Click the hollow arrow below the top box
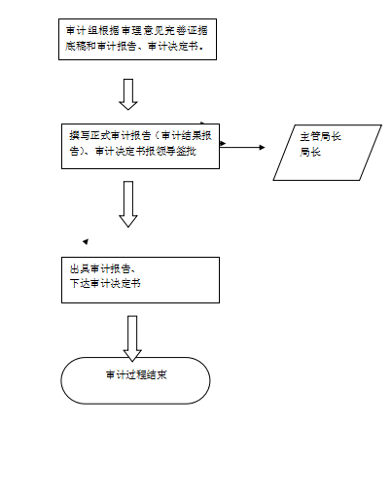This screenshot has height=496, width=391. tap(128, 94)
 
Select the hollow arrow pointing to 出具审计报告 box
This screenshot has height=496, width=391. tap(128, 204)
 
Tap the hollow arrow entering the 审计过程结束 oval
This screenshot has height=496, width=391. tap(132, 338)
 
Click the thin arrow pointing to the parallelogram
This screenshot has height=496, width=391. tap(242, 148)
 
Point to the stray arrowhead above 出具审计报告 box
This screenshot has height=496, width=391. tap(86, 241)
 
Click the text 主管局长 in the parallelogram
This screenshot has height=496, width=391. tap(320, 136)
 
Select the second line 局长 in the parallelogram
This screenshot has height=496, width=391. tap(310, 152)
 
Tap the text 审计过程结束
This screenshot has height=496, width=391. tap(136, 375)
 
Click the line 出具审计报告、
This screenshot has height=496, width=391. tap(102, 268)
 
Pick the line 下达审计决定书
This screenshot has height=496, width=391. tap(105, 283)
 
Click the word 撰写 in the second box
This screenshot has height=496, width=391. tap(79, 135)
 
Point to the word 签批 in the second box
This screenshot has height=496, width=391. tap(187, 151)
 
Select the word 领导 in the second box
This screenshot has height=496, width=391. tap(165, 151)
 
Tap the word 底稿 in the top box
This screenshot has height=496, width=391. tap(75, 46)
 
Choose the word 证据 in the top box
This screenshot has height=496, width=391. tap(196, 31)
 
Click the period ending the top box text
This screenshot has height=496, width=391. tap(202, 48)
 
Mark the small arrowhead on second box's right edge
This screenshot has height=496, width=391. tap(223, 143)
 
